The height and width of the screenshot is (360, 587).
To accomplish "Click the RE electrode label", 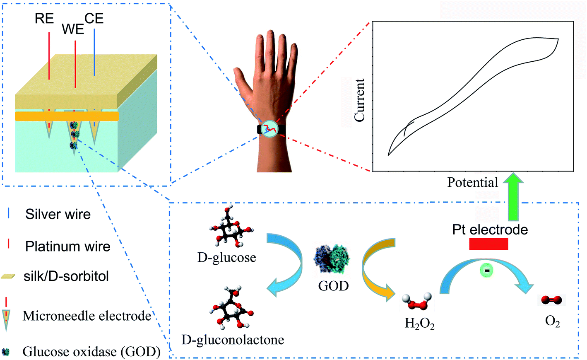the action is pos(44,19).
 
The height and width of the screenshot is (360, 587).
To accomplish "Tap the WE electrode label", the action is pos(73,29).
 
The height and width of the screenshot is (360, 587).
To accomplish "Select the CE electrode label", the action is pos(94,18).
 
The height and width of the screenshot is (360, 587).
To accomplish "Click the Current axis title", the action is pos(359,100).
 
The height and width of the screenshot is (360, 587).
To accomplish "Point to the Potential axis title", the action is pos(472,182).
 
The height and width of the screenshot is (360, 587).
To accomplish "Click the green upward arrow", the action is pos(513,197).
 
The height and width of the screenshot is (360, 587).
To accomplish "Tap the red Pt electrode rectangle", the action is pos(488,244).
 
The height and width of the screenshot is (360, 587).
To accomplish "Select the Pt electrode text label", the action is pos(490,230).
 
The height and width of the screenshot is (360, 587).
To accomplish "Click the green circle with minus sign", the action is pos(487,271).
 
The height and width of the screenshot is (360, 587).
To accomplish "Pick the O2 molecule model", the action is pos(551,300).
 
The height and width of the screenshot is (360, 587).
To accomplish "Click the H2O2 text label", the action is pos(419,323).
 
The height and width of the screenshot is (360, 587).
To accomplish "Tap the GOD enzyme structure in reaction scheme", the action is pos(332,259).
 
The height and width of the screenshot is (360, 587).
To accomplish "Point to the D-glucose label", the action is pos(226,258).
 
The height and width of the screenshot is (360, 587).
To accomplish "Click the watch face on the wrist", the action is pos(271,129).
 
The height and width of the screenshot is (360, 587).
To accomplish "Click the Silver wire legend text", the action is pos(58,214).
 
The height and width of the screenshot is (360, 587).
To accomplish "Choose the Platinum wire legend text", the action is pos(67,246).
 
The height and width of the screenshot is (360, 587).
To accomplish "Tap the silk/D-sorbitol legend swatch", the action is pos(8,276).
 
